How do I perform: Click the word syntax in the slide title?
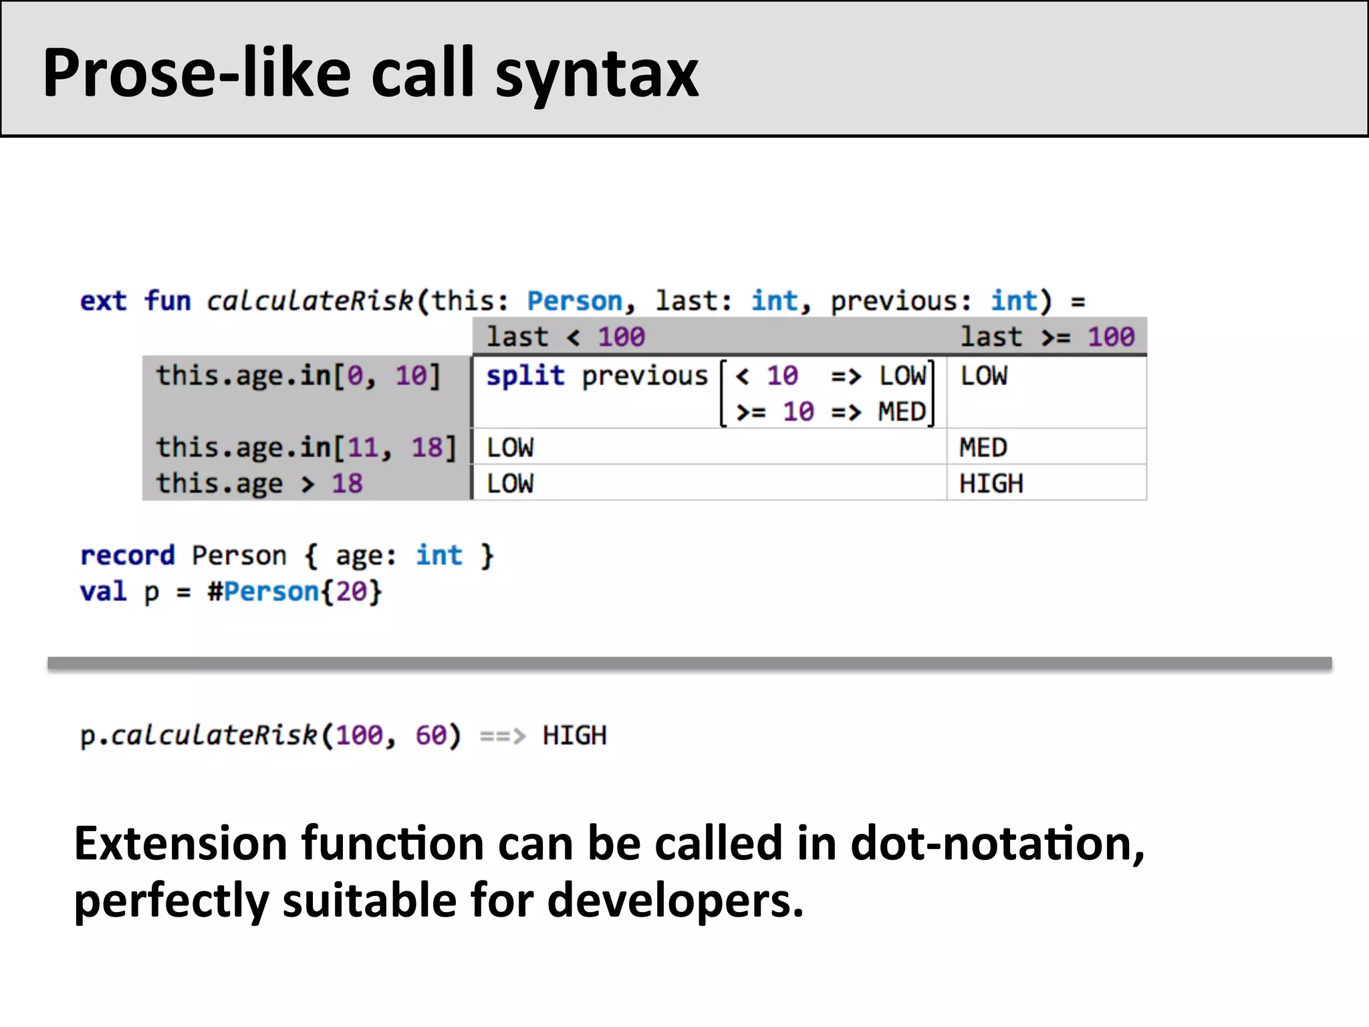click(x=596, y=75)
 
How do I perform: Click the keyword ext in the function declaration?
click(x=103, y=302)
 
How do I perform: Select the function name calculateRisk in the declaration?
click(x=309, y=302)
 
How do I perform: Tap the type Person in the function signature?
click(x=574, y=302)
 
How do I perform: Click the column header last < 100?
click(x=566, y=337)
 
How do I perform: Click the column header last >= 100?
click(x=1047, y=337)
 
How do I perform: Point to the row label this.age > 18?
click(x=259, y=483)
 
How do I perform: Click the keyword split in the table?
click(x=525, y=376)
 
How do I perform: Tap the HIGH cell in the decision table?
click(x=991, y=483)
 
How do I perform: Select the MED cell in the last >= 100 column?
click(x=983, y=447)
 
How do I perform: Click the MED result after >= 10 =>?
click(x=901, y=412)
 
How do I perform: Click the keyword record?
click(x=127, y=556)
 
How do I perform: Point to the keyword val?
click(x=103, y=592)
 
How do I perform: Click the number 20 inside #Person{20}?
click(x=351, y=592)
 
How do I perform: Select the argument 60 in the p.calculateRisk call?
click(x=430, y=735)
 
